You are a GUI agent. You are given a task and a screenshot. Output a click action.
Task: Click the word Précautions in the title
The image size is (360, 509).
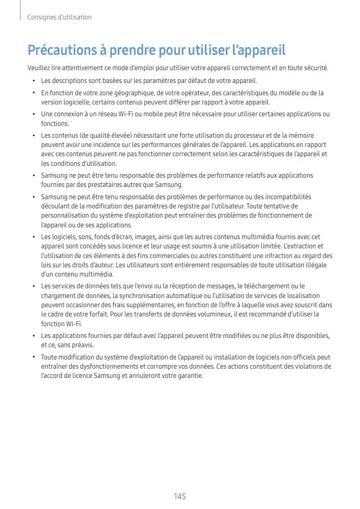pos(57,51)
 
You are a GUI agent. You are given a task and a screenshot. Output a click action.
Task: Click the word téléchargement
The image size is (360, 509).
pos(261,286)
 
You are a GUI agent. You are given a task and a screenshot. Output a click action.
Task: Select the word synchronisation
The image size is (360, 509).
pos(146,295)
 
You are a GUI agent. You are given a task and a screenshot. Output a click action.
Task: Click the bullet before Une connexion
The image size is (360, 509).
pos(33,114)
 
